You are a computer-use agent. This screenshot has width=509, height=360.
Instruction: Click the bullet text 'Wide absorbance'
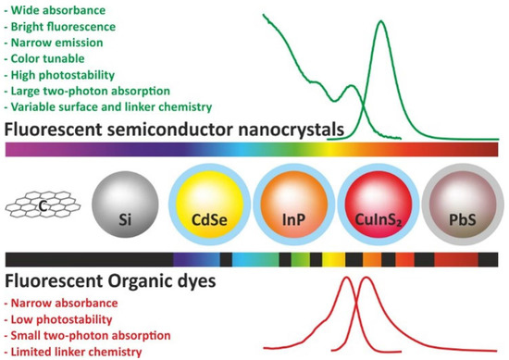coord(56,9)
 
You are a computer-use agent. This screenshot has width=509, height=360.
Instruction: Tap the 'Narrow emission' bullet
coord(56,43)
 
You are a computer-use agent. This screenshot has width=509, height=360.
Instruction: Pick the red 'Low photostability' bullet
coord(61,318)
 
